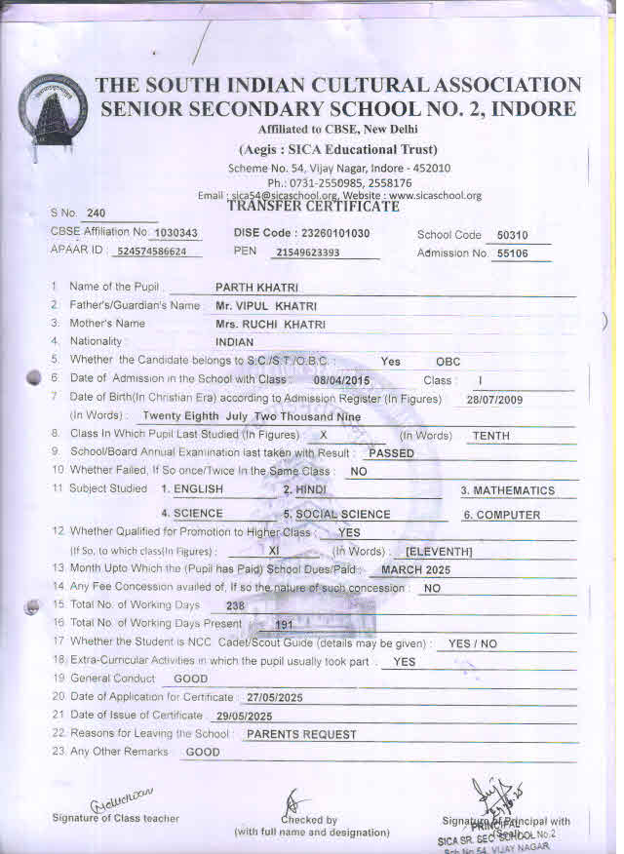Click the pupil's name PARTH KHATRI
[x=256, y=288]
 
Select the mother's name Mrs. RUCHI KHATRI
[x=270, y=324]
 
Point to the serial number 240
[x=96, y=213]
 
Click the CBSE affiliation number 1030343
[x=176, y=234]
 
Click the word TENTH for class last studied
[x=491, y=436]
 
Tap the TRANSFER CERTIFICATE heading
[x=313, y=207]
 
